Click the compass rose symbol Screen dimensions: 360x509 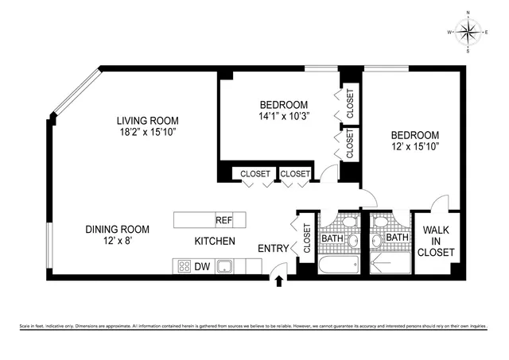[x=468, y=32]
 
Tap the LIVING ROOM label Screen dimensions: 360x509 [x=143, y=121]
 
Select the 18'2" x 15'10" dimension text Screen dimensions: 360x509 [x=142, y=133]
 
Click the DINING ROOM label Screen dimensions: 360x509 [x=118, y=230]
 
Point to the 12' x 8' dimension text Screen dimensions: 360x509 [x=117, y=242]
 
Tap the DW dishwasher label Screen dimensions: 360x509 [x=203, y=267]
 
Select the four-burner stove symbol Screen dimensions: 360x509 [x=183, y=267]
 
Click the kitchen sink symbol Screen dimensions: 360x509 [x=225, y=267]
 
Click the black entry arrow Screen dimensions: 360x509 [x=278, y=281]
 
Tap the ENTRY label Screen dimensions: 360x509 [x=273, y=250]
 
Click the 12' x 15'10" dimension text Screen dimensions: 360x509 [x=414, y=147]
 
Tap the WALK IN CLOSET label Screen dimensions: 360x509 [x=437, y=242]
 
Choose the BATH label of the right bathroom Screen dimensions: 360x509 [x=396, y=237]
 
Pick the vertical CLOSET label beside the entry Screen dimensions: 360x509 [x=306, y=238]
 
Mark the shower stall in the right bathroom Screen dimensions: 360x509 [x=389, y=262]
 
